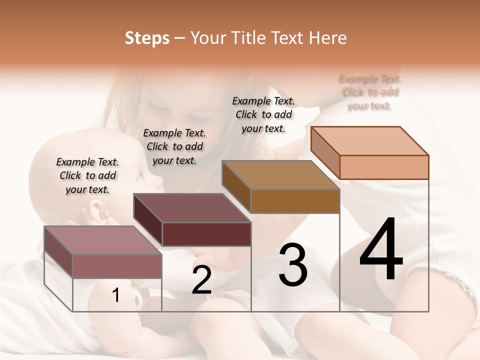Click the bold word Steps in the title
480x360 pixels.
(147, 38)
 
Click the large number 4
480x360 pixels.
(381, 249)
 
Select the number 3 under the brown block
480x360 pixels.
(293, 264)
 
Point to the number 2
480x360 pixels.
(201, 280)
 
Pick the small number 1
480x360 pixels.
(116, 295)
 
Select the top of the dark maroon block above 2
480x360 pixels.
(192, 208)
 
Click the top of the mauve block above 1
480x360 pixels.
(103, 240)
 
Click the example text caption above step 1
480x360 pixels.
(87, 175)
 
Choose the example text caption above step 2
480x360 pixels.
(174, 146)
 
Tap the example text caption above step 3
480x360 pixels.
(263, 114)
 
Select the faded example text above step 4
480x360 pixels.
(369, 92)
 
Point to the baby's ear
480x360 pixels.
(97, 212)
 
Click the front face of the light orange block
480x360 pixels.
(384, 167)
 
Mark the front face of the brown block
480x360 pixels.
(295, 201)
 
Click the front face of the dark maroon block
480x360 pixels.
(206, 234)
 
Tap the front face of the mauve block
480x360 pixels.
(117, 266)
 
